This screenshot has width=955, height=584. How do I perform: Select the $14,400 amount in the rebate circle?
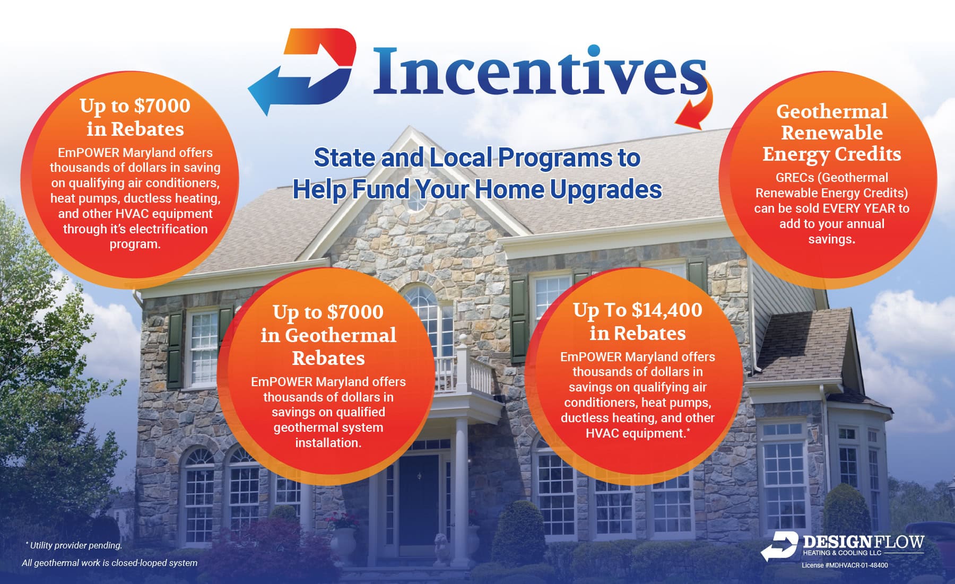[x=666, y=310]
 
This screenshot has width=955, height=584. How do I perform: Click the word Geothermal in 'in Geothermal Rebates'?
[x=341, y=335]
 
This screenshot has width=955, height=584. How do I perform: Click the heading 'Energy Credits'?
[x=831, y=154]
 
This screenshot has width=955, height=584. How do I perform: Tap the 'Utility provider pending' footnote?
[x=75, y=545]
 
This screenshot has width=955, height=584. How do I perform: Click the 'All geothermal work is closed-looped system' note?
[x=109, y=563]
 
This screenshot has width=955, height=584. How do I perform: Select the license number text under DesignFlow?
[x=845, y=565]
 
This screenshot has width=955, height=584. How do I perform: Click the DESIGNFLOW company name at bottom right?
[x=863, y=542]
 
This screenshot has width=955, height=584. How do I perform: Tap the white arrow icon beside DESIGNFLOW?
[x=779, y=546]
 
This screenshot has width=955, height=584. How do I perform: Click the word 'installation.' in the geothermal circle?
[x=328, y=443]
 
